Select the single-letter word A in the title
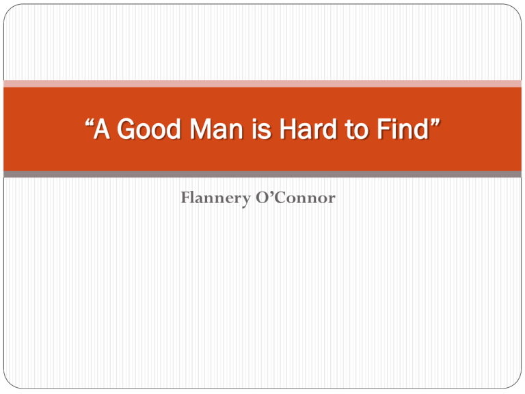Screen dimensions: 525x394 (102, 129)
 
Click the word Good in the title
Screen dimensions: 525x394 (149, 129)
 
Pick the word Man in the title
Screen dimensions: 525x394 (216, 129)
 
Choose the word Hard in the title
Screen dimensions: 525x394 (308, 129)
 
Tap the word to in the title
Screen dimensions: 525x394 (357, 129)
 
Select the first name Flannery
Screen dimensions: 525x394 (215, 198)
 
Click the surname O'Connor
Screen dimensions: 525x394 (295, 197)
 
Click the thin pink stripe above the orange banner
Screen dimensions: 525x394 (262, 83)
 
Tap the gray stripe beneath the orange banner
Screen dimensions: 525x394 (262, 174)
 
